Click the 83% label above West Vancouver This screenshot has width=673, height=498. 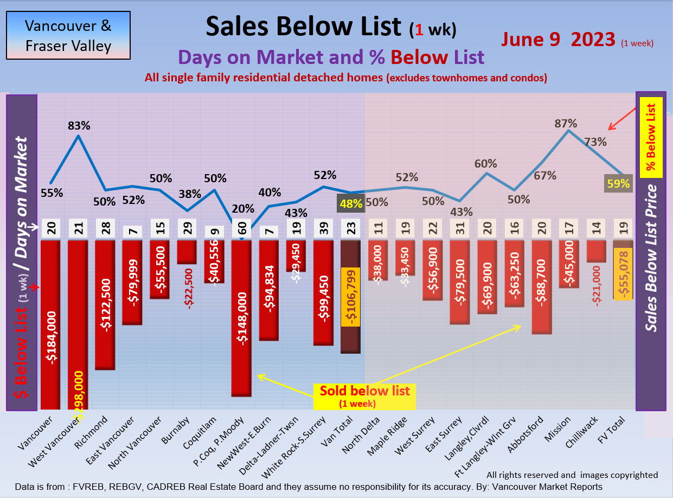(x=79, y=125)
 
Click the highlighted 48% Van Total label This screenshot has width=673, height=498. (x=350, y=204)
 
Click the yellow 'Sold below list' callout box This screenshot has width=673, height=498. (x=364, y=395)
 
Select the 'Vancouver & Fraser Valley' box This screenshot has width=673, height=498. (x=68, y=35)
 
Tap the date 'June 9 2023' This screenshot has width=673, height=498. (x=558, y=40)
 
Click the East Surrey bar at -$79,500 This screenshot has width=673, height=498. (x=460, y=282)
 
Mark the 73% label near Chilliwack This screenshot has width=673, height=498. (x=595, y=142)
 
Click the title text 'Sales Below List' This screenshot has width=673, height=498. (x=304, y=25)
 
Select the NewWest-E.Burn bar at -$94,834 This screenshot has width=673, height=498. (x=269, y=290)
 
